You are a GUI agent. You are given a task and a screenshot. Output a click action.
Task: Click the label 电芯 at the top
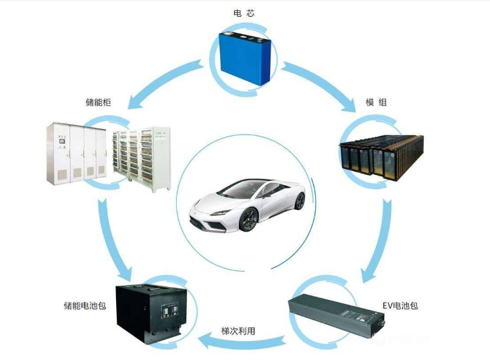coord(244,13)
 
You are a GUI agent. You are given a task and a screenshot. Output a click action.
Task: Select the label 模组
coord(376,102)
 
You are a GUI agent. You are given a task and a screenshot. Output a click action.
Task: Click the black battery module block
coord(381,158)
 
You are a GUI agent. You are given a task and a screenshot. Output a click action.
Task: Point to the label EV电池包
coord(400,305)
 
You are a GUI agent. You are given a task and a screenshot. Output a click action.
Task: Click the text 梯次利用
coord(238,331)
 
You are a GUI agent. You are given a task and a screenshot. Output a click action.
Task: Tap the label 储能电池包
coord(85,305)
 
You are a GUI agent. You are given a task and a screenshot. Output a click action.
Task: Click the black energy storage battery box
coord(151,313)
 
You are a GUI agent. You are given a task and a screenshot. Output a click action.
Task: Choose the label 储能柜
coord(98,102)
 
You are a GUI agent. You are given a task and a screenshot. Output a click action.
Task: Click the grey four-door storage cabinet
coord(76,154)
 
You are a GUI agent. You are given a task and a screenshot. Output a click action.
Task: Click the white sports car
coord(248,205)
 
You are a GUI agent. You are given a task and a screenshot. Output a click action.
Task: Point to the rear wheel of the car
coord(300,201)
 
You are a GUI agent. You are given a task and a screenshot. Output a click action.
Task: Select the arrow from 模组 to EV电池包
coord(379,240)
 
